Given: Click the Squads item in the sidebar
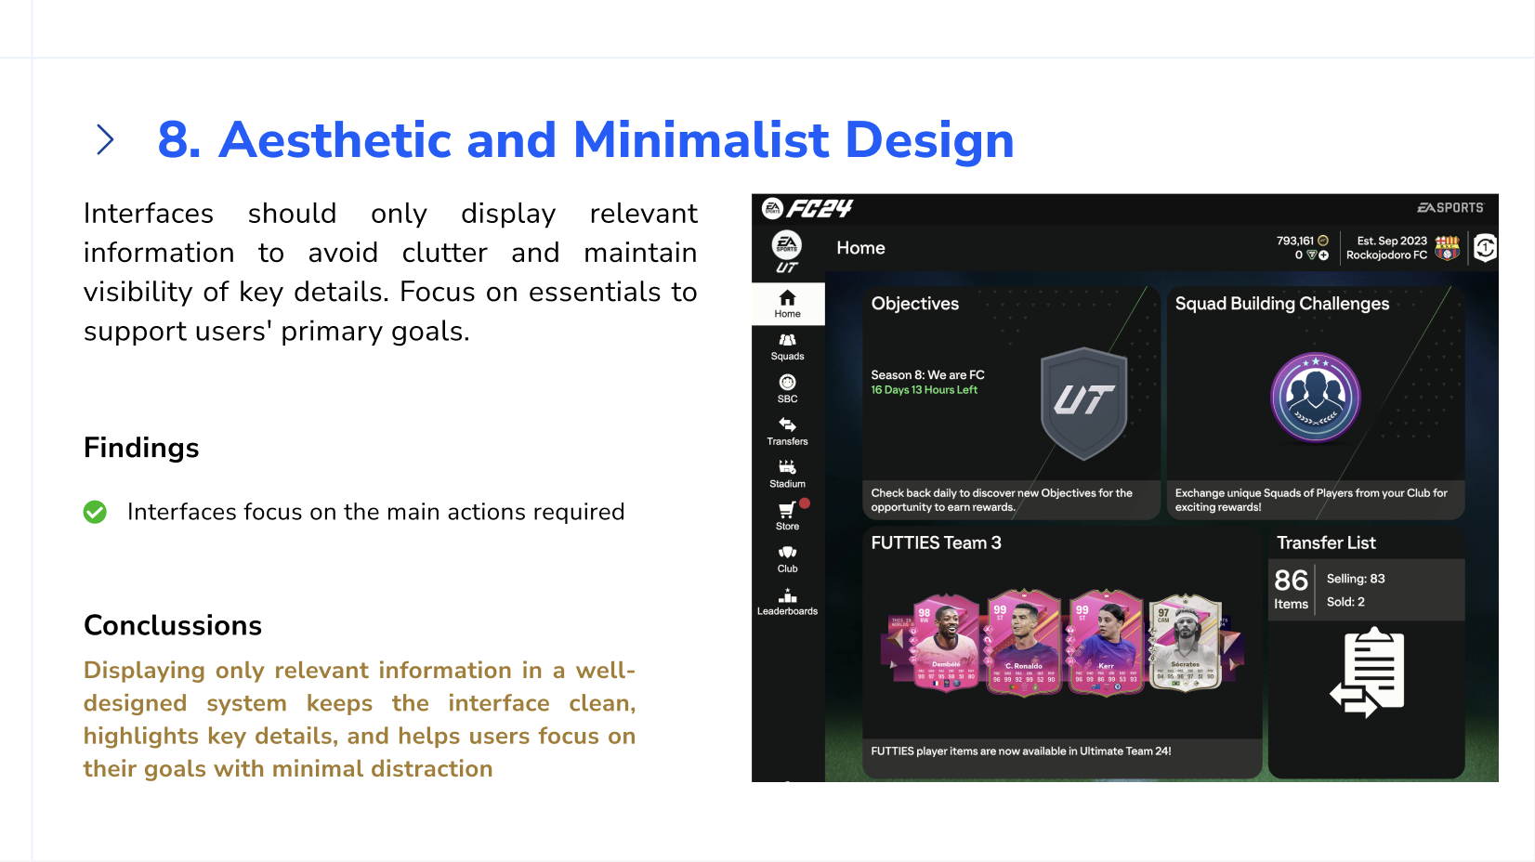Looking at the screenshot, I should (x=787, y=346).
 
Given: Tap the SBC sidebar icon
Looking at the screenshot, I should (x=787, y=387).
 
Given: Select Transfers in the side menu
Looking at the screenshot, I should (x=787, y=430).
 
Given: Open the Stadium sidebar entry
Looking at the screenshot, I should (x=787, y=473).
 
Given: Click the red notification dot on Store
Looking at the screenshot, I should (x=805, y=503).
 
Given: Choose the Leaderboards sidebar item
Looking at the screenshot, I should (x=787, y=601).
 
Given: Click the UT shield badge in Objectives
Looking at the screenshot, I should (x=1083, y=402).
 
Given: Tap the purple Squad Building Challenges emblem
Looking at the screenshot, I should (x=1315, y=398).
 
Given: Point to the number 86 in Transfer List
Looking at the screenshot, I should (x=1291, y=581).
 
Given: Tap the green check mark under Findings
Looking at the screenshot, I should (x=95, y=512).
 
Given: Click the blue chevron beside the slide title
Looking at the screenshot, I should (x=105, y=140).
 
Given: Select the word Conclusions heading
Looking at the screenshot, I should (x=173, y=625).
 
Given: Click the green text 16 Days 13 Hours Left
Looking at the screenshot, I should (x=924, y=390).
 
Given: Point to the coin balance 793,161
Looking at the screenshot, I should (x=1294, y=241).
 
